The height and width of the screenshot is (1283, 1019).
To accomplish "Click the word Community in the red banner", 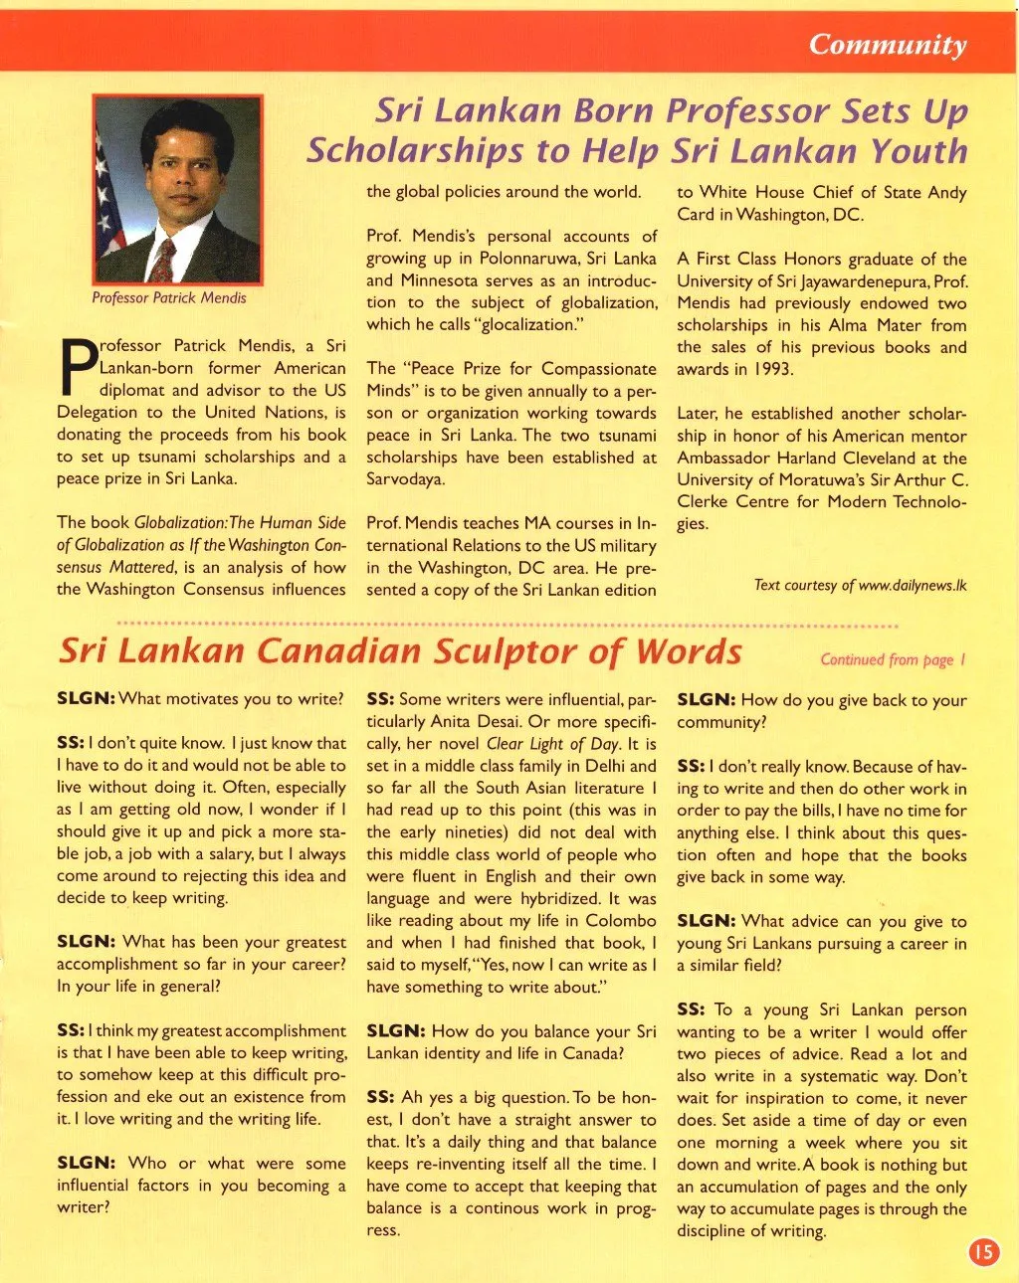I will point(887,45).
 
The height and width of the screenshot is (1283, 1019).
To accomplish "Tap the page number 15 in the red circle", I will point(983,1250).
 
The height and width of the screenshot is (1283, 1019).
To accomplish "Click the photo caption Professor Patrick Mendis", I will point(169,297).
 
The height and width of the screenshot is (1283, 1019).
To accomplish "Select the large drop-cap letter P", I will point(76,368).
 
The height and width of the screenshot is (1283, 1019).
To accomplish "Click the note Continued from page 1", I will point(893,659).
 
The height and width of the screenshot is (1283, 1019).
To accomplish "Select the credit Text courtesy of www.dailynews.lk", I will point(860,585).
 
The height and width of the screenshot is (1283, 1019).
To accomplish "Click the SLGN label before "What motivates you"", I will point(86,699).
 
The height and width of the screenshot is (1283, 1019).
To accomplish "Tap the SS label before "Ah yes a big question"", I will point(380,1097).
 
